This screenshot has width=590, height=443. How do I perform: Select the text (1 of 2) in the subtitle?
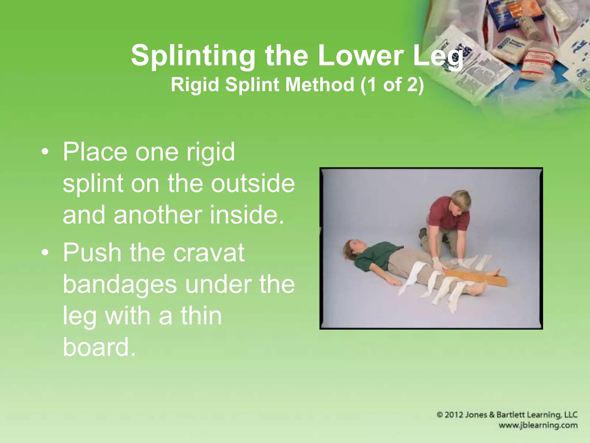(392, 85)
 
